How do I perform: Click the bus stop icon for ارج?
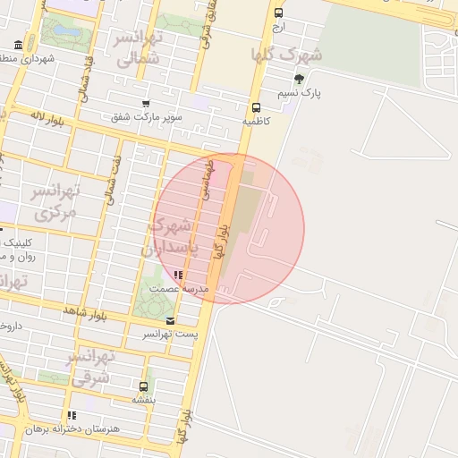279,13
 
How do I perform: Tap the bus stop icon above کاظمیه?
257,106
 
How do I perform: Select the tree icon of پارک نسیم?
299,79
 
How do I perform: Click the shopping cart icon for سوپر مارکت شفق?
146,104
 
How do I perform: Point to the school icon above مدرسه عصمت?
178,275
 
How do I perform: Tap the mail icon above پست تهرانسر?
170,320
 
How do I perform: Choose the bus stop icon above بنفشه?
143,386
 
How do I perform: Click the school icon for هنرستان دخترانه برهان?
72,415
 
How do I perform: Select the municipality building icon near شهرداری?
19,45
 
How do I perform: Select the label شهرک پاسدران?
175,236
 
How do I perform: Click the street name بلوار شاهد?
86,310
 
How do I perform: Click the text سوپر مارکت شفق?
147,117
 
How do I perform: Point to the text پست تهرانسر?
170,334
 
